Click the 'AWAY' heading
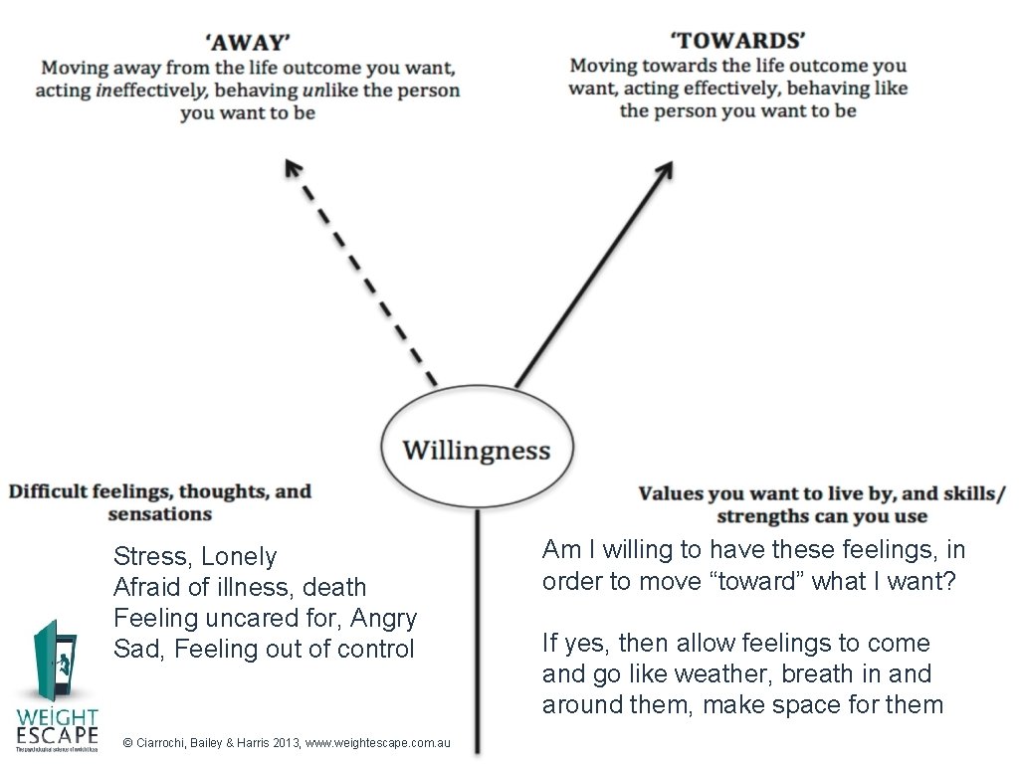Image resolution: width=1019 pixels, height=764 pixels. point(248,42)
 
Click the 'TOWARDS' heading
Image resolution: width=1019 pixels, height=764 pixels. point(737,40)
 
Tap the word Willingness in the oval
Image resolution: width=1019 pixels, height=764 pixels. point(476,451)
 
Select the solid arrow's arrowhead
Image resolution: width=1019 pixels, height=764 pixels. point(664,170)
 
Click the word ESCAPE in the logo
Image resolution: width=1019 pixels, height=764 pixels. point(57,735)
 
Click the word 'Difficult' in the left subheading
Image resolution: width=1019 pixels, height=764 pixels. point(49,491)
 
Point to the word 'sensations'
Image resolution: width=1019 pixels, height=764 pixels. point(159,514)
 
